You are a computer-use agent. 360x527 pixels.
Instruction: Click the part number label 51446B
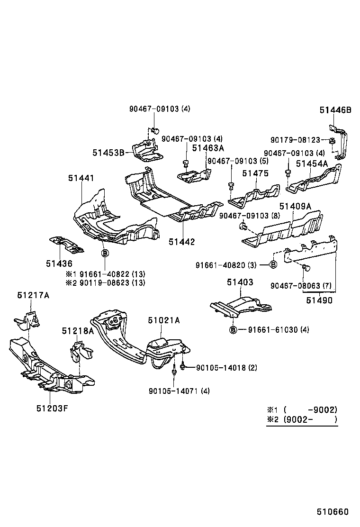[335, 110]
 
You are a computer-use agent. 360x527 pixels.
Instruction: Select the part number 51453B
[108, 152]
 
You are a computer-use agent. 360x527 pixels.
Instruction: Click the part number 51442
[181, 242]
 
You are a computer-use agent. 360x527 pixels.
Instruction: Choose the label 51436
[59, 263]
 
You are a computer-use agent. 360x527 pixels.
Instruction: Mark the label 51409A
[295, 206]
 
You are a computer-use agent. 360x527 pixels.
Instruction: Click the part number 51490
[319, 300]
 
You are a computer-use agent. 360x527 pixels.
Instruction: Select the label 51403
[240, 282]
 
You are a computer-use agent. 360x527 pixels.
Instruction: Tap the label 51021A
[163, 320]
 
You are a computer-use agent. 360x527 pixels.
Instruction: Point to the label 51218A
[77, 330]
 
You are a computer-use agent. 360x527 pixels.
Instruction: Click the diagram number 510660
[333, 512]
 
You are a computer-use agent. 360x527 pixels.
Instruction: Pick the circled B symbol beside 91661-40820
[273, 264]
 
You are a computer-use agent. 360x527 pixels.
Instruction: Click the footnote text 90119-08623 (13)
[112, 283]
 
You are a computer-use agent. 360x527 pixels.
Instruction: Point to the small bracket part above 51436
[66, 244]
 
